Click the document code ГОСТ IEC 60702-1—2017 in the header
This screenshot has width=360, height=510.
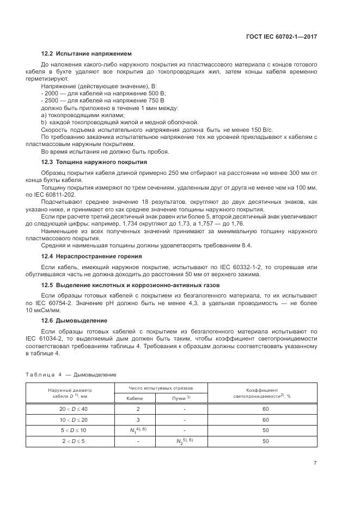pyautogui.click(x=282, y=37)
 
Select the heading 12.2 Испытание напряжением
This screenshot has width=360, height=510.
pyautogui.click(x=87, y=53)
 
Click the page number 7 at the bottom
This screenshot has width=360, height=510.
pyautogui.click(x=315, y=463)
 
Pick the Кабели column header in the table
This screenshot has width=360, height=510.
pyautogui.click(x=135, y=398)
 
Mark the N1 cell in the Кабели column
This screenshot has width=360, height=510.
pyautogui.click(x=134, y=430)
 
